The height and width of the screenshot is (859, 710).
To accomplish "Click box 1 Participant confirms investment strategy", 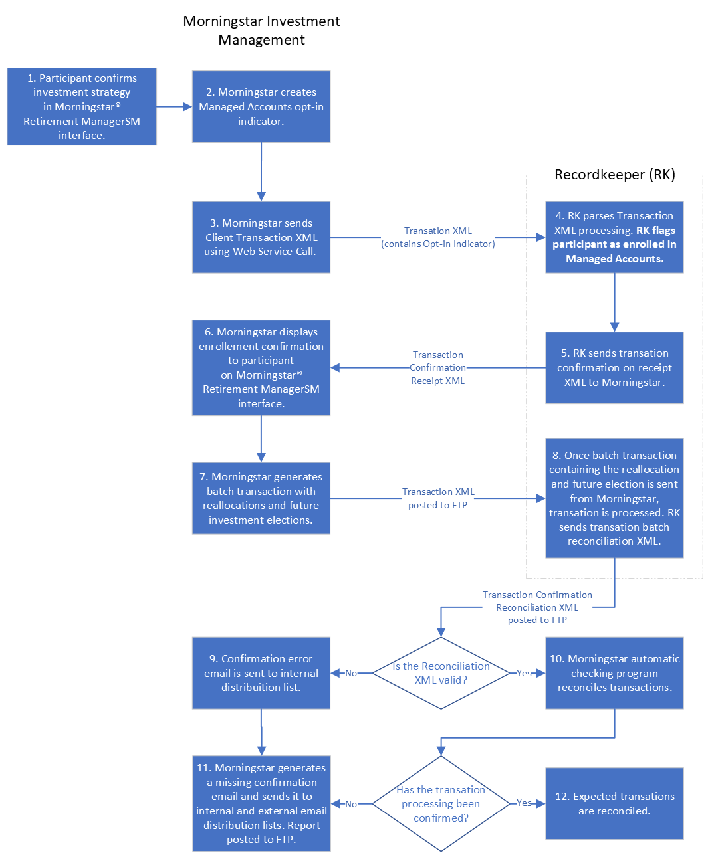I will click(82, 106).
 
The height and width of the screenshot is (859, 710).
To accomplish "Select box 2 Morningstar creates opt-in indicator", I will click(261, 106).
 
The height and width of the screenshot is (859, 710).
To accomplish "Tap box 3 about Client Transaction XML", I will click(261, 237).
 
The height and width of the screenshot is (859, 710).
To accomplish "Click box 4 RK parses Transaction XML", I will click(614, 237).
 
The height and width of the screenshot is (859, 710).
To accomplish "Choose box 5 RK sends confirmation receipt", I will click(614, 367).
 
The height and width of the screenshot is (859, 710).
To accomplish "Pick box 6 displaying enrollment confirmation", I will click(261, 367).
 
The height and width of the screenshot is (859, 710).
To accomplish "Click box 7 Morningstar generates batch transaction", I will click(261, 498).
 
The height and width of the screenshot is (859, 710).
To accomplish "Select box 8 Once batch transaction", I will click(614, 498).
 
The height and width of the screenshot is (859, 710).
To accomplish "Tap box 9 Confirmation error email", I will click(261, 673).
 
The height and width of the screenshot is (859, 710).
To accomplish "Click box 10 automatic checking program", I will click(614, 673).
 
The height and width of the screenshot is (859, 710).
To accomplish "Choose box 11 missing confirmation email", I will click(261, 803).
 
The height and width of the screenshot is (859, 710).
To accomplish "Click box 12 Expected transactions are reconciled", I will click(614, 803).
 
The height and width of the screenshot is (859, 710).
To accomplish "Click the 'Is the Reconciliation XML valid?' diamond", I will click(441, 673).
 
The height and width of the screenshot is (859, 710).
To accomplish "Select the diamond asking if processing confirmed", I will click(441, 803).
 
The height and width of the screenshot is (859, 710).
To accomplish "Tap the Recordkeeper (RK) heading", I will click(614, 175).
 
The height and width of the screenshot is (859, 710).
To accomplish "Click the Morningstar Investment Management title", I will click(261, 31).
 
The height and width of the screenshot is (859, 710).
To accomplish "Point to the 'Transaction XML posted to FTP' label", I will click(438, 498).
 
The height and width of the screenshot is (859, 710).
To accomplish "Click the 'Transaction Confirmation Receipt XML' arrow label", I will click(437, 367).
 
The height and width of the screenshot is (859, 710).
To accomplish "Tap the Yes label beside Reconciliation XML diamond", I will click(524, 673).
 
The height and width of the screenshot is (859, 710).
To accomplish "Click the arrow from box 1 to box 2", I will click(174, 106).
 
